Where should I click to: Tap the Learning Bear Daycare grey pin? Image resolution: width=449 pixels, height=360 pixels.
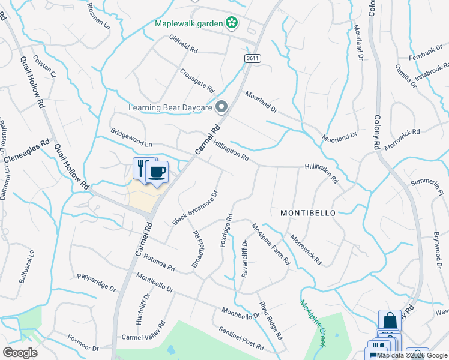click(221, 108)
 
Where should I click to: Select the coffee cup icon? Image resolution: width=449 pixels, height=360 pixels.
click(157, 173)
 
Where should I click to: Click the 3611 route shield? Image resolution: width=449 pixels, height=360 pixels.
click(253, 58)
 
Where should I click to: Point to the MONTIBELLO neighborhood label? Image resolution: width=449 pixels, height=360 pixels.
click(307, 213)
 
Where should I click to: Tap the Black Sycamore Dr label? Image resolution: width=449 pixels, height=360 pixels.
click(194, 208)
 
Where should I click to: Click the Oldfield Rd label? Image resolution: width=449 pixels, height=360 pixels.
click(184, 44)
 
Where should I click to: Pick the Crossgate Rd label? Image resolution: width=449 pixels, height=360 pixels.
click(197, 80)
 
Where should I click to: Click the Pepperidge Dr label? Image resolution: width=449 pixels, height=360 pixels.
click(96, 283)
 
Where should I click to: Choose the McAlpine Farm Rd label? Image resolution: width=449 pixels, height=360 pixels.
click(271, 244)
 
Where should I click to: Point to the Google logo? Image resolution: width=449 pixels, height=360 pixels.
click(20, 353)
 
